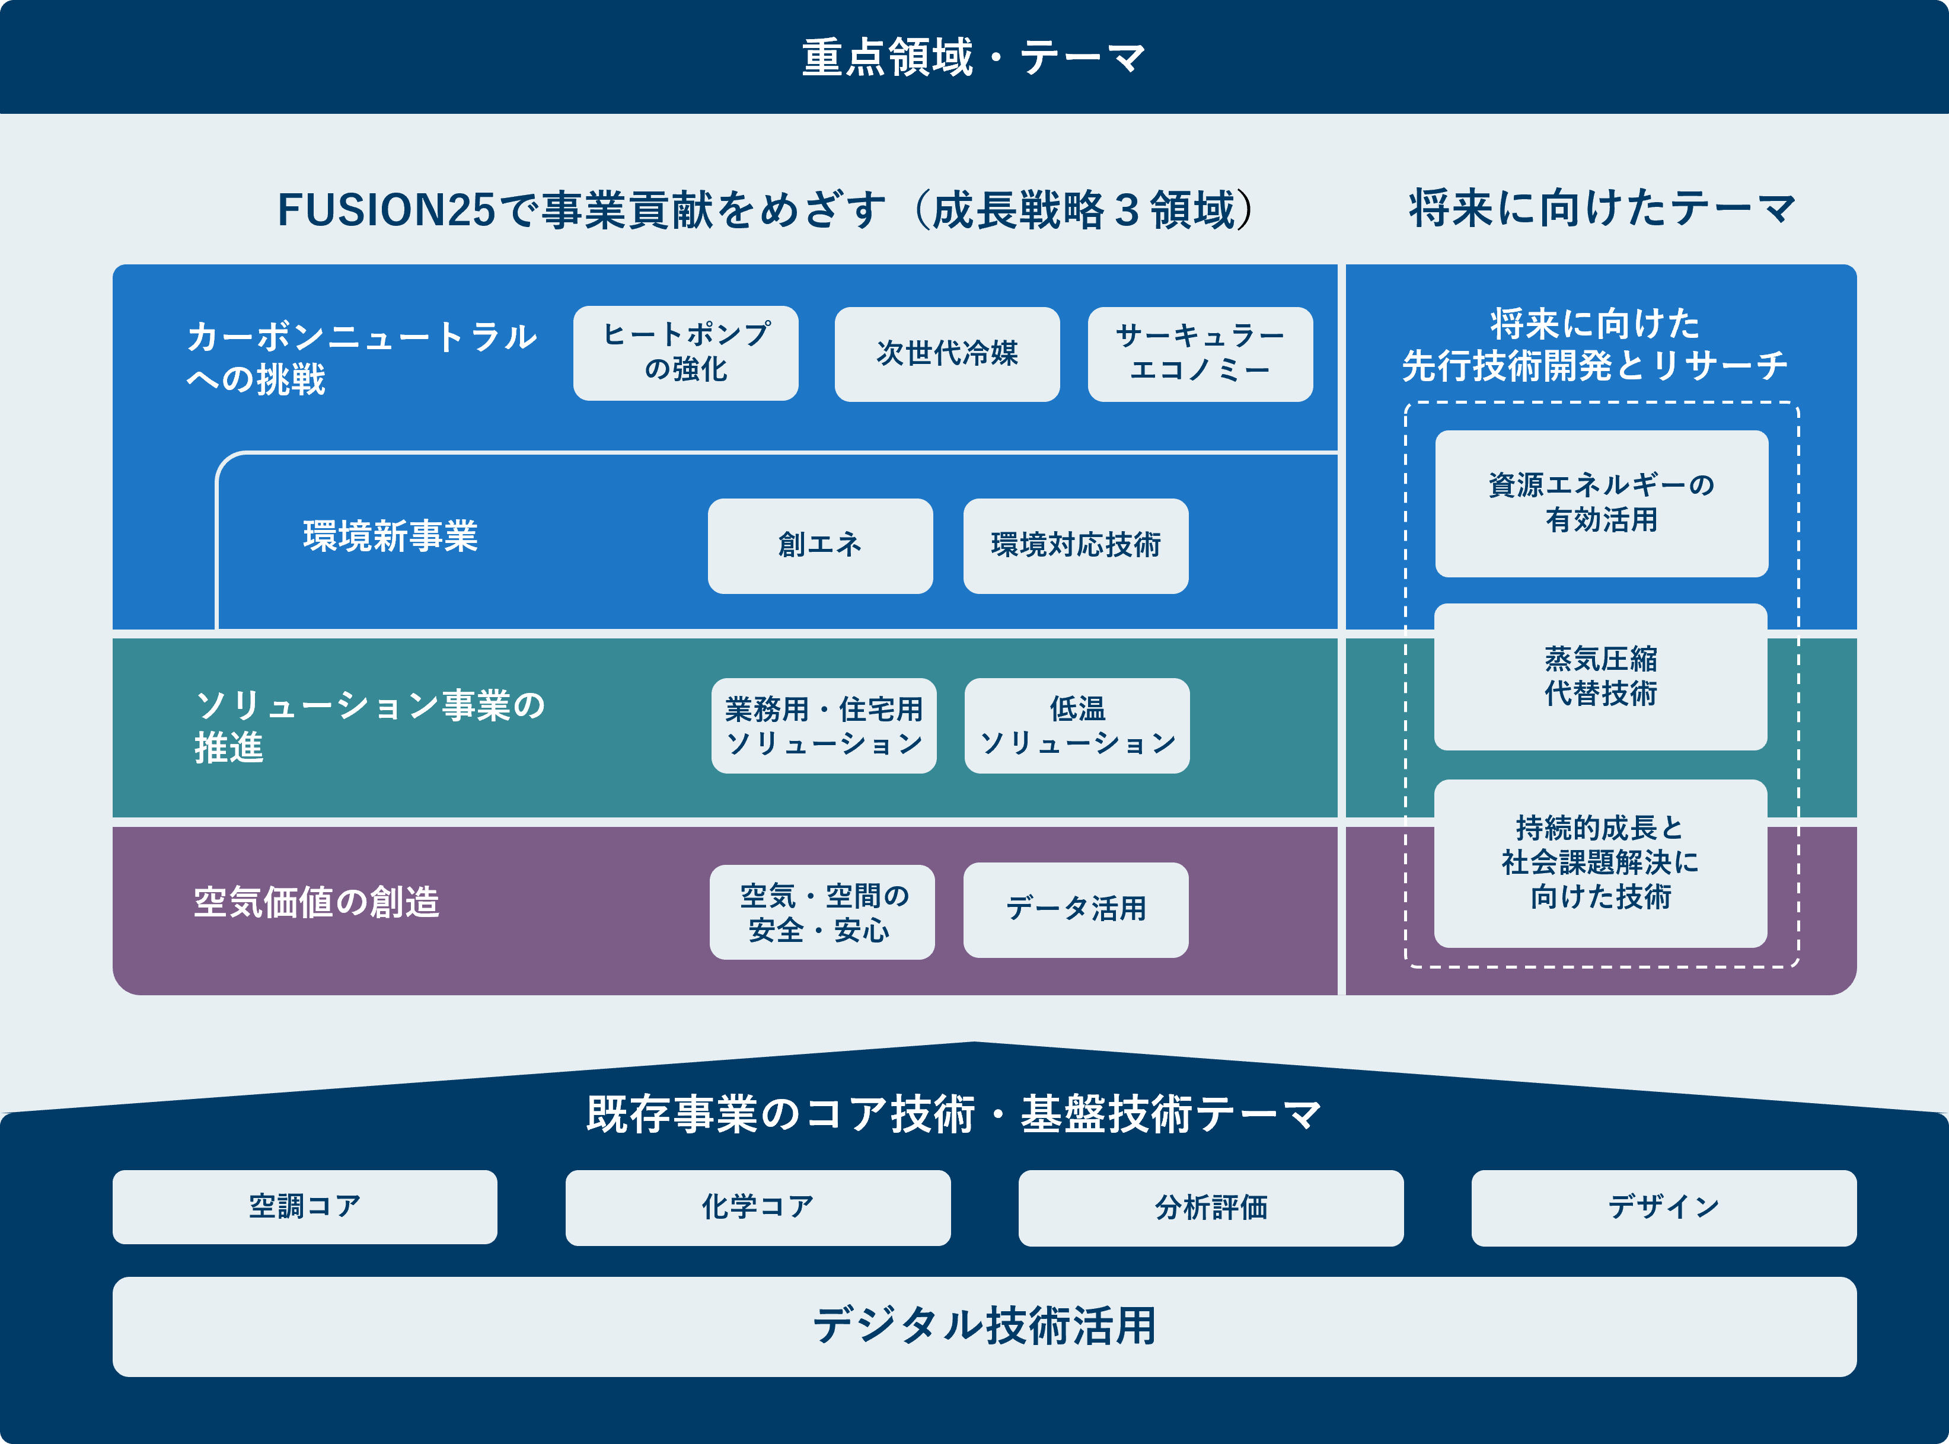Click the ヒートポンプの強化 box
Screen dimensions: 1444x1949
[x=685, y=353]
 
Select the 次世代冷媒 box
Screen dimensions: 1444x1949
[x=947, y=354]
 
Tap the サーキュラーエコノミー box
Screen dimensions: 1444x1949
[x=1200, y=354]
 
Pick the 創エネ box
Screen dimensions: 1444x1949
[x=820, y=545]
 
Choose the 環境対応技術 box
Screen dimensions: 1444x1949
[x=1076, y=545]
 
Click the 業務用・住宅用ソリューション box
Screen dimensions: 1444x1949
[x=824, y=726]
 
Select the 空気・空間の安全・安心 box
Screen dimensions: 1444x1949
[x=822, y=912]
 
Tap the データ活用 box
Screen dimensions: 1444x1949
[x=1076, y=910]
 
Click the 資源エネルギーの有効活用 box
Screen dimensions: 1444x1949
[x=1601, y=503]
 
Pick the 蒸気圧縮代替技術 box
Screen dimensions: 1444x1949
[x=1600, y=676]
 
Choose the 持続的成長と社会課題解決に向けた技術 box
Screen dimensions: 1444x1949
[x=1600, y=862]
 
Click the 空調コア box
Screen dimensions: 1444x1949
[x=304, y=1207]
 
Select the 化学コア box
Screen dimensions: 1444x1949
[x=757, y=1207]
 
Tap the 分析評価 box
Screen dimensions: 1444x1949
[x=1210, y=1207]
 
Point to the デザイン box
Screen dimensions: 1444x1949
[x=1663, y=1207]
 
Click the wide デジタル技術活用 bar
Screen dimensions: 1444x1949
[x=984, y=1326]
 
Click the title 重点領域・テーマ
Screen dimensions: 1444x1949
[x=973, y=57]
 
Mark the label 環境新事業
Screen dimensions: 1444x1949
[x=390, y=536]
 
